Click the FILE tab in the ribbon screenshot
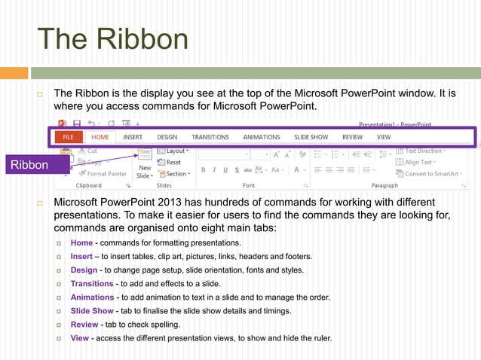coord(68,138)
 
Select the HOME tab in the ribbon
coord(100,138)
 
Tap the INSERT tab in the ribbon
coord(133,138)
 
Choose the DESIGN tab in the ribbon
coord(167,138)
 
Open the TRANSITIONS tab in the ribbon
coord(210,138)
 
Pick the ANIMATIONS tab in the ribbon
coord(261,138)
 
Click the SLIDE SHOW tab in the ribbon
coord(311,138)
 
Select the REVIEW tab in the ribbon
coord(352,138)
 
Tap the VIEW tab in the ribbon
coord(384,138)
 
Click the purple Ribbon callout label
coord(28,165)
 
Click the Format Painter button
coord(103,173)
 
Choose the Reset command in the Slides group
coord(173,162)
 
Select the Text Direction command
coord(424,151)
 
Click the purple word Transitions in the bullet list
coord(92,283)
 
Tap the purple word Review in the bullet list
coord(84,325)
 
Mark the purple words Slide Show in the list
coord(92,311)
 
